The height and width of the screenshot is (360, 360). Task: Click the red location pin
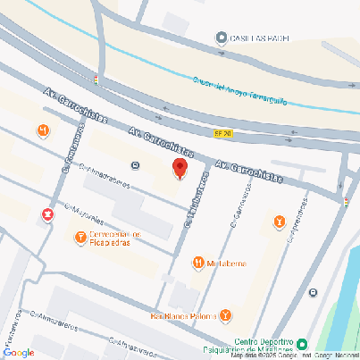coord(180,168)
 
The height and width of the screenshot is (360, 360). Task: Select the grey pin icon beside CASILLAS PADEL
coord(222,38)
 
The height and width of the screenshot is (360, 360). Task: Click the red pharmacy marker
coord(46,214)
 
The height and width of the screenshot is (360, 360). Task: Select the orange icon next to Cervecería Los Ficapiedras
coord(80,238)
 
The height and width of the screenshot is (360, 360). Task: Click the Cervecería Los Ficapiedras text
coord(117,239)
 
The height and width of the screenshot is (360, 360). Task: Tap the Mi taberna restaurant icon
coord(197,263)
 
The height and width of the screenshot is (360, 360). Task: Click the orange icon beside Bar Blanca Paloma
coord(226,315)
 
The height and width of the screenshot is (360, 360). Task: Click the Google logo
coord(18,352)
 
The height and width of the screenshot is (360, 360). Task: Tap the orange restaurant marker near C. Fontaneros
coord(43,131)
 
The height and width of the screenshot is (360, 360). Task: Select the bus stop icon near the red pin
coord(135,165)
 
